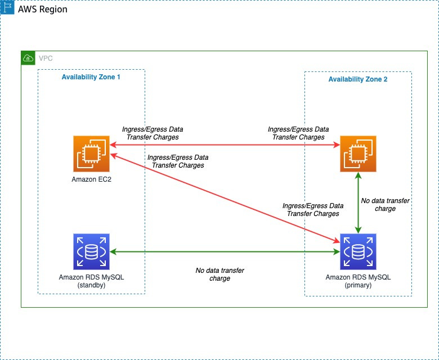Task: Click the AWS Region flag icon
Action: point(7,10)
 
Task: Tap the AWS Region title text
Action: point(43,10)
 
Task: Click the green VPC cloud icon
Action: point(28,58)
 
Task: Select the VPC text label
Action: point(46,58)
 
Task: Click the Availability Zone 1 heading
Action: point(91,76)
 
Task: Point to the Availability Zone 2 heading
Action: point(357,79)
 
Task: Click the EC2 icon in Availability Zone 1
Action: point(91,153)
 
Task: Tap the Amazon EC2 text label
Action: point(91,179)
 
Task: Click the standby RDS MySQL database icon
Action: point(91,251)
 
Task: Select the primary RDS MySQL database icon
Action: point(357,251)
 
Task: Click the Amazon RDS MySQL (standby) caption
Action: point(91,281)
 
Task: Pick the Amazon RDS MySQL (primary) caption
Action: point(357,281)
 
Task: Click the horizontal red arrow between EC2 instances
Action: point(225,145)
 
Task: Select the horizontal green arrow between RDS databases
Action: point(225,251)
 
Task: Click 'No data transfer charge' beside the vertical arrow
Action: point(385,204)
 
